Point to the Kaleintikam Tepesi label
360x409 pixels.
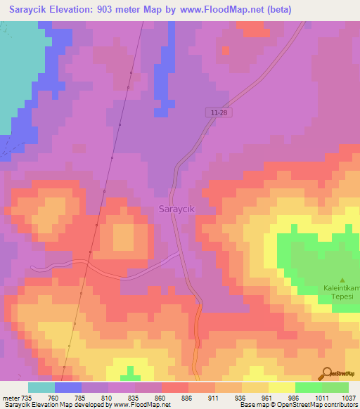[x=342, y=292]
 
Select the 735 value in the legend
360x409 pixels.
[x=22, y=397]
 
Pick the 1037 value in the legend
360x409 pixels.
[x=347, y=397]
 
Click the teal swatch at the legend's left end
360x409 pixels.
[x=41, y=387]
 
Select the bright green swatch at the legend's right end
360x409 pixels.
[x=335, y=387]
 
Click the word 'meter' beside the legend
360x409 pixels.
[x=8, y=397]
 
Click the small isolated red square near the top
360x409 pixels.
[x=225, y=50]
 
